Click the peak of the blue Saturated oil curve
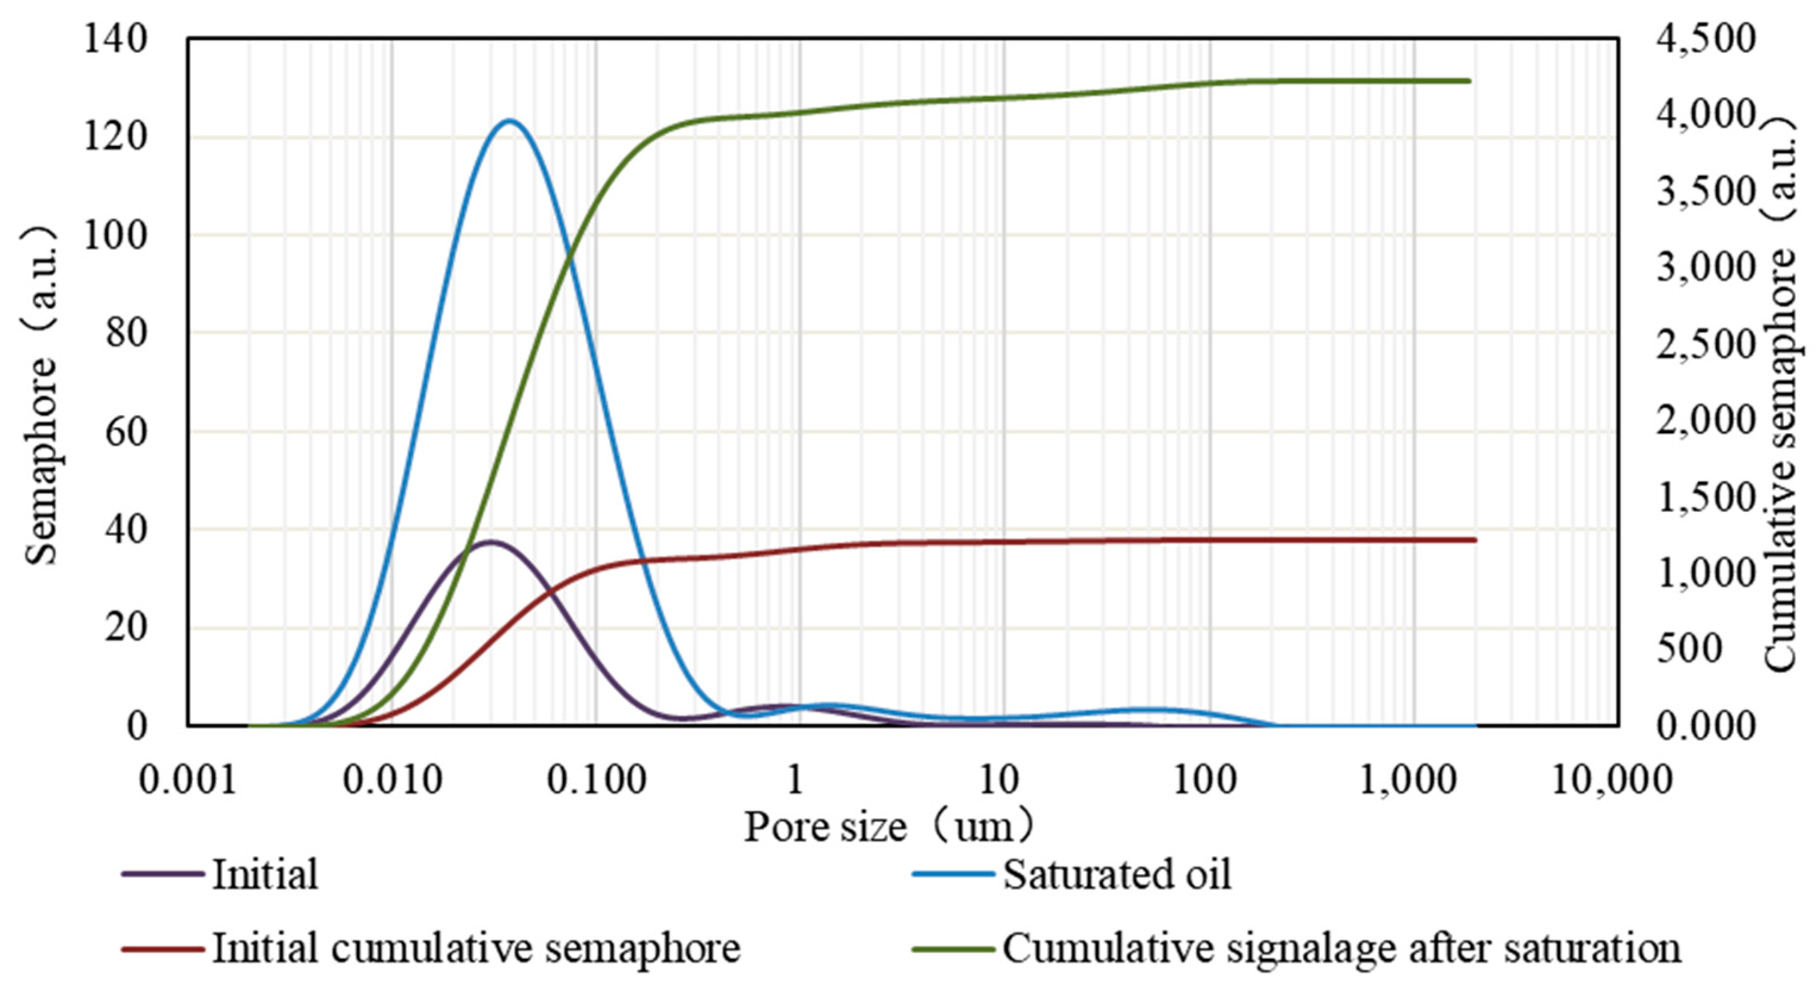[509, 121]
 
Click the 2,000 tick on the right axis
[1705, 420]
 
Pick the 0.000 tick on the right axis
[1705, 725]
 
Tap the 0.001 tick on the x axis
[187, 780]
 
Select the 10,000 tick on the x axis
[1612, 780]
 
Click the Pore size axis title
[890, 827]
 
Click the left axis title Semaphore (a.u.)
[40, 395]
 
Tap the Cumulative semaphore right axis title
[1782, 395]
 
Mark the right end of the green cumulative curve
[1470, 81]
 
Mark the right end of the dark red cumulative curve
[1475, 540]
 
